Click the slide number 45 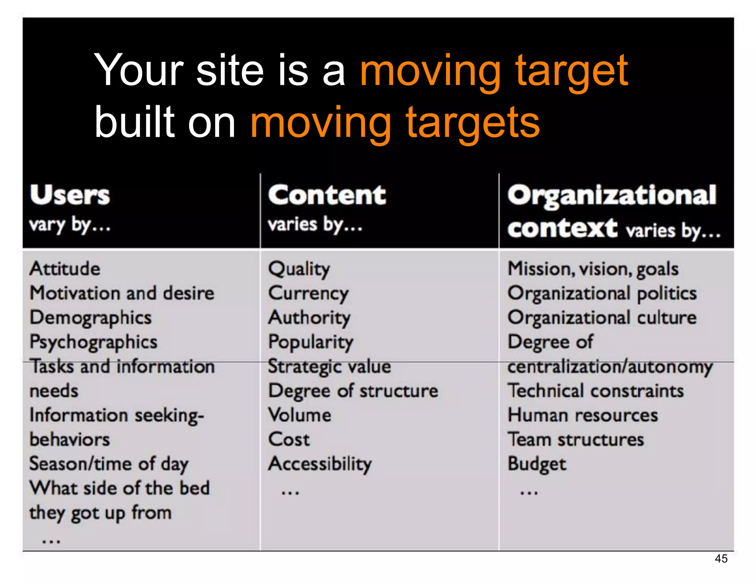tap(721, 559)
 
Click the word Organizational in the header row tap(612, 196)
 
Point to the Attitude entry tap(65, 268)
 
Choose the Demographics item tap(91, 318)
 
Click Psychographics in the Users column tap(93, 342)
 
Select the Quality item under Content tap(299, 269)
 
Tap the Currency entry tap(308, 293)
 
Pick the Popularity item tap(311, 342)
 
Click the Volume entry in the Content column tap(300, 415)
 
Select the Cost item tap(289, 440)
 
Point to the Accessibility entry tap(320, 464)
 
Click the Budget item tap(537, 464)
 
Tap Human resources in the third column tap(583, 415)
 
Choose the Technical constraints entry tap(596, 391)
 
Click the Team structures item tap(576, 440)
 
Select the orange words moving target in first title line tap(494, 71)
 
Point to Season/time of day tap(109, 464)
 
